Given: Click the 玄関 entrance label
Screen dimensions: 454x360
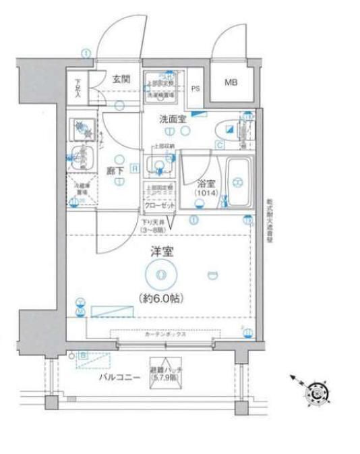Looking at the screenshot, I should point(121,80).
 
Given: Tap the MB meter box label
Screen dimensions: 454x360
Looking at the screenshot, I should point(231,82).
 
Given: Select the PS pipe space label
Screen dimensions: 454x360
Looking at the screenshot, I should point(196,88).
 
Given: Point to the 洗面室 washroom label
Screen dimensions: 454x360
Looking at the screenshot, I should point(172,119).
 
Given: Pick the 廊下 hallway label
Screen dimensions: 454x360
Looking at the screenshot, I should point(115,171).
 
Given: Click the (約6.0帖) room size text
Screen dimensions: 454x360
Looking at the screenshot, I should point(160,297).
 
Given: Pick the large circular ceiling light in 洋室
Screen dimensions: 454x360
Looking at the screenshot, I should point(160,274).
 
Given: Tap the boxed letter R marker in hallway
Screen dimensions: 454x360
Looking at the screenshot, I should point(135,168).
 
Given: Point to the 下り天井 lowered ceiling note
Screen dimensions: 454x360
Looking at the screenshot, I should point(156,227).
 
